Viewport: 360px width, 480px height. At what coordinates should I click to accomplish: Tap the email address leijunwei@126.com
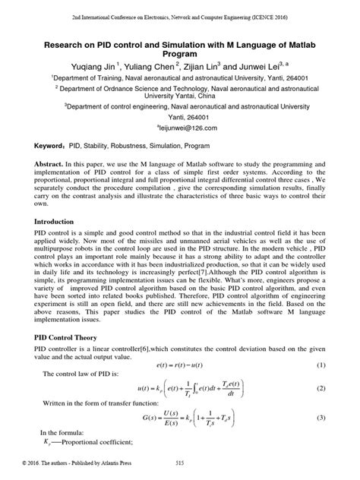(180, 129)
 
